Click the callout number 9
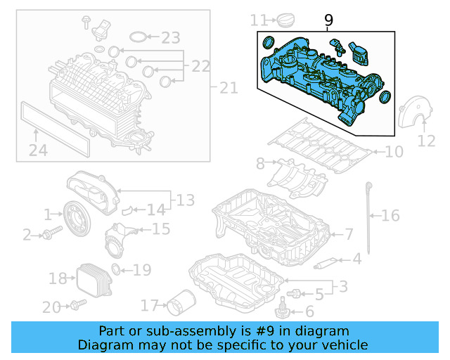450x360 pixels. pos(328,22)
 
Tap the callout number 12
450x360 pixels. pos(426,141)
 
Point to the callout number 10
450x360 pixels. pos(394,151)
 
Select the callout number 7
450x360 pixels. pos(349,233)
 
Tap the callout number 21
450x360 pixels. pos(229,88)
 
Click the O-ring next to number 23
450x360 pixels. pos(141,37)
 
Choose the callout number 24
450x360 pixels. pos(38,150)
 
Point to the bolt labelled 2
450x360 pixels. pos(48,234)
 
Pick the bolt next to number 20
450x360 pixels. pos(77,305)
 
